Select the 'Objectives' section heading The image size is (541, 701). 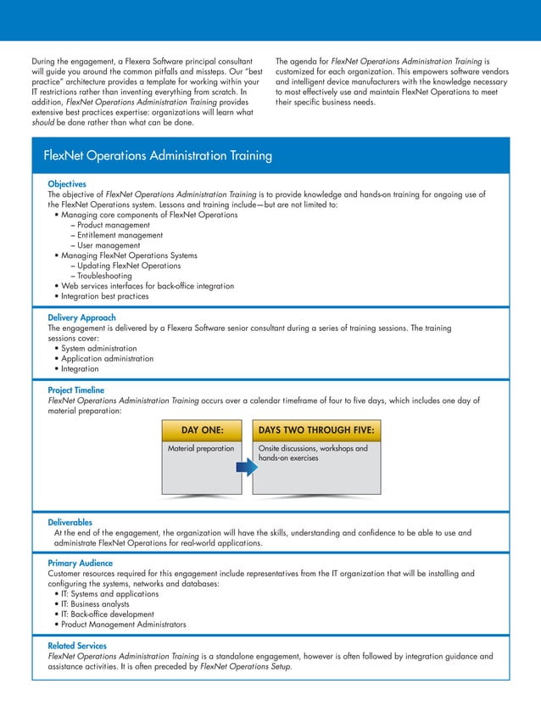[x=67, y=183]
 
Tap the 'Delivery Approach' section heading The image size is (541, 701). [x=81, y=317]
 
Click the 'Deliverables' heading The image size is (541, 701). [x=70, y=523]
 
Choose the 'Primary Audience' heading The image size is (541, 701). [x=81, y=563]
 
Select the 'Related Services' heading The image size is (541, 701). [x=79, y=646]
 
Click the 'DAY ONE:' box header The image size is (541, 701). [x=202, y=429]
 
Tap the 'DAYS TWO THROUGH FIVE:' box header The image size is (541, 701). [x=315, y=429]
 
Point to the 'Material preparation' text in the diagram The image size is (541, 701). [x=201, y=448]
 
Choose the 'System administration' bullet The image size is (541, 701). [x=98, y=348]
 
